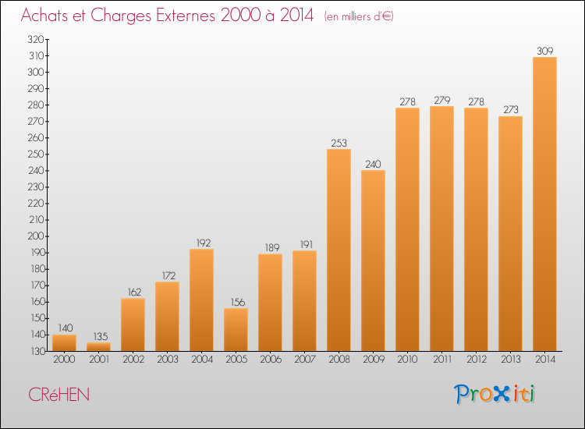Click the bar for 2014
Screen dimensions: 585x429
tap(544, 204)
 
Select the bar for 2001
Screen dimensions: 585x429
tap(98, 347)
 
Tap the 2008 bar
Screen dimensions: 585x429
tap(339, 250)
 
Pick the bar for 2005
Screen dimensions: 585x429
tap(236, 330)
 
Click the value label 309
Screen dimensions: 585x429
tap(544, 51)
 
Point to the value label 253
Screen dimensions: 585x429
tap(339, 143)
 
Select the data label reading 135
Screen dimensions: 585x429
tap(101, 336)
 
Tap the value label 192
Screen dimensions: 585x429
tap(204, 243)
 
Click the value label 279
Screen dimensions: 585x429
tap(442, 100)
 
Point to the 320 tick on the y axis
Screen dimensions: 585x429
tap(36, 39)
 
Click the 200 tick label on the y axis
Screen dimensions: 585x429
tap(36, 236)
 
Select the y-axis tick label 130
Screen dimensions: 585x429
tap(37, 351)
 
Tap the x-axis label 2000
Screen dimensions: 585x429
tap(64, 360)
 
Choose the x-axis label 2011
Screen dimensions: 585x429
tap(442, 360)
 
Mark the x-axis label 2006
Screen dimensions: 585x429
tap(271, 360)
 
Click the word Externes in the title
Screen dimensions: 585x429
tap(186, 16)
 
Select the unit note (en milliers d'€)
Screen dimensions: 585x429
tap(359, 17)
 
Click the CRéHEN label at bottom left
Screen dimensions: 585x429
tap(59, 395)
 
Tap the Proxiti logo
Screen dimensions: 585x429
tap(495, 394)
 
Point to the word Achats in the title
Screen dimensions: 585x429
tap(44, 16)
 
